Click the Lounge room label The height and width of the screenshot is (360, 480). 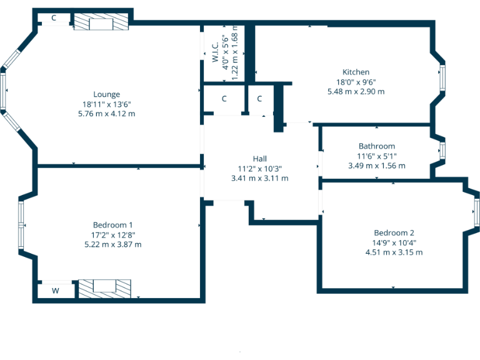(106, 94)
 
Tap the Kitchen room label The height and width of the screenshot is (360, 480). (356, 72)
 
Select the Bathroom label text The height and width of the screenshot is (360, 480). (376, 146)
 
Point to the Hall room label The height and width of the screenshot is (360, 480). (260, 159)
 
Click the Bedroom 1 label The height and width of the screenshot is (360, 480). (112, 225)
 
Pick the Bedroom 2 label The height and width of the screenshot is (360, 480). (394, 232)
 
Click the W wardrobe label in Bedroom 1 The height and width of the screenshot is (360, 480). (55, 291)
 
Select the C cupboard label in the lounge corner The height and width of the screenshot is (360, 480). (54, 18)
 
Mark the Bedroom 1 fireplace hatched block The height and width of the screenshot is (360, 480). (104, 287)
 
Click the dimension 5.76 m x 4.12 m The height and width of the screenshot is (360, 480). (106, 114)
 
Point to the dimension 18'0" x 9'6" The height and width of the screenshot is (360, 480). (356, 82)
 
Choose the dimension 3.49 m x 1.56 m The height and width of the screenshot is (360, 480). (376, 166)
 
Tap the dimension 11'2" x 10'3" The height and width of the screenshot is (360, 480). (260, 168)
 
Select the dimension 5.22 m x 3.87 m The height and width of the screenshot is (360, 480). (112, 244)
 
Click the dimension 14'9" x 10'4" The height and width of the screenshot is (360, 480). (394, 242)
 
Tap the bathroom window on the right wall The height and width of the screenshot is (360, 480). (442, 151)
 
